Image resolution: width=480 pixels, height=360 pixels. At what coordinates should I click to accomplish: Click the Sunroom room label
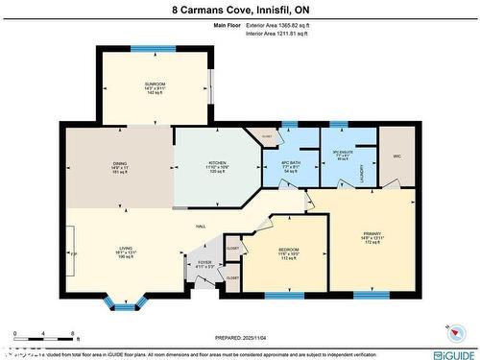coord(155,84)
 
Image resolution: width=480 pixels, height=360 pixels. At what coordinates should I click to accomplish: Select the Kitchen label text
coord(218,163)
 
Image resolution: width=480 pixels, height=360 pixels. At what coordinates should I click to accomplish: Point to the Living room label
coord(126,249)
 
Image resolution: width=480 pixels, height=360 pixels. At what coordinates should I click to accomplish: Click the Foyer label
coord(204,262)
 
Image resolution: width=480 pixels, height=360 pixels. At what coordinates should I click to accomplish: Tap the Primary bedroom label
coord(372,232)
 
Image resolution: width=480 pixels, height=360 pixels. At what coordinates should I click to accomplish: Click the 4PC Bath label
coord(291,162)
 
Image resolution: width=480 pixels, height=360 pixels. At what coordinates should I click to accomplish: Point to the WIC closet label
coord(396,156)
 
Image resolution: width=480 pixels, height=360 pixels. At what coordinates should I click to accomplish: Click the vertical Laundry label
coord(361,174)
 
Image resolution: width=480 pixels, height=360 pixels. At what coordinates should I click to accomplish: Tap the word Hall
coord(202,226)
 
